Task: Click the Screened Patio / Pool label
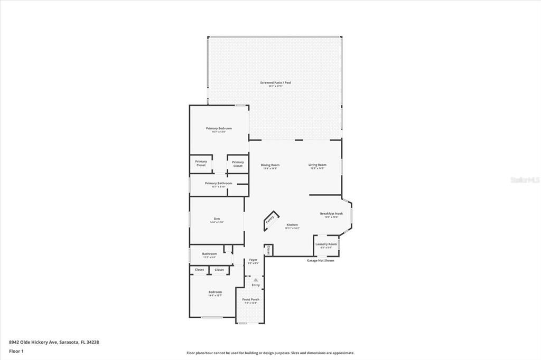[275, 83]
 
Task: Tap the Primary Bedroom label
[219, 128]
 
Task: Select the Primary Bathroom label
[219, 184]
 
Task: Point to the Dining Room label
[270, 165]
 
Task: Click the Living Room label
[318, 165]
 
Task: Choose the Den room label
[217, 219]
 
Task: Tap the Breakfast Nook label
[331, 214]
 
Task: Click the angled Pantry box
[270, 219]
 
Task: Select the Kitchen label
[292, 225]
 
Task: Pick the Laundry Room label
[326, 244]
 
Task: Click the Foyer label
[254, 260]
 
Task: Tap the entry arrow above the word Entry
[256, 280]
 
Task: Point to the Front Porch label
[251, 300]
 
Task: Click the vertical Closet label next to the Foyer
[268, 249]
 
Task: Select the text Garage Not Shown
[321, 260]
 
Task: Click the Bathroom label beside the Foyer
[209, 254]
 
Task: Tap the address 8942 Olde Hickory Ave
[33, 342]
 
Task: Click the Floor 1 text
[16, 350]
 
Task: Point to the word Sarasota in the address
[69, 342]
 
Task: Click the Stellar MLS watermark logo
[525, 180]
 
